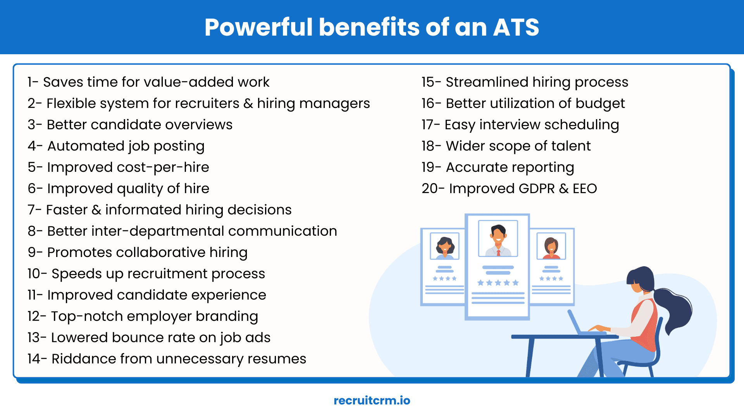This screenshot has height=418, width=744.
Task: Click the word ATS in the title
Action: pyautogui.click(x=516, y=27)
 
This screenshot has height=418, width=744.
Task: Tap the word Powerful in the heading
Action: pyautogui.click(x=258, y=27)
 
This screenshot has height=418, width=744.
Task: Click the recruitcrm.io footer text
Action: pyautogui.click(x=372, y=400)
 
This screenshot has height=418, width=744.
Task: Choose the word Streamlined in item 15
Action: pyautogui.click(x=487, y=82)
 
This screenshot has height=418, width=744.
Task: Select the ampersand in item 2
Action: pyautogui.click(x=248, y=103)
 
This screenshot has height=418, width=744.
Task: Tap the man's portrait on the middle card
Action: pyautogui.click(x=498, y=239)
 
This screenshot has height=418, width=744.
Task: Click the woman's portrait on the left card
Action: pyautogui.click(x=444, y=246)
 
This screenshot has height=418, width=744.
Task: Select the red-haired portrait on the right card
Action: pyautogui.click(x=551, y=247)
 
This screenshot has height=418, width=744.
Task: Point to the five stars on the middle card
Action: pyautogui.click(x=498, y=283)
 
